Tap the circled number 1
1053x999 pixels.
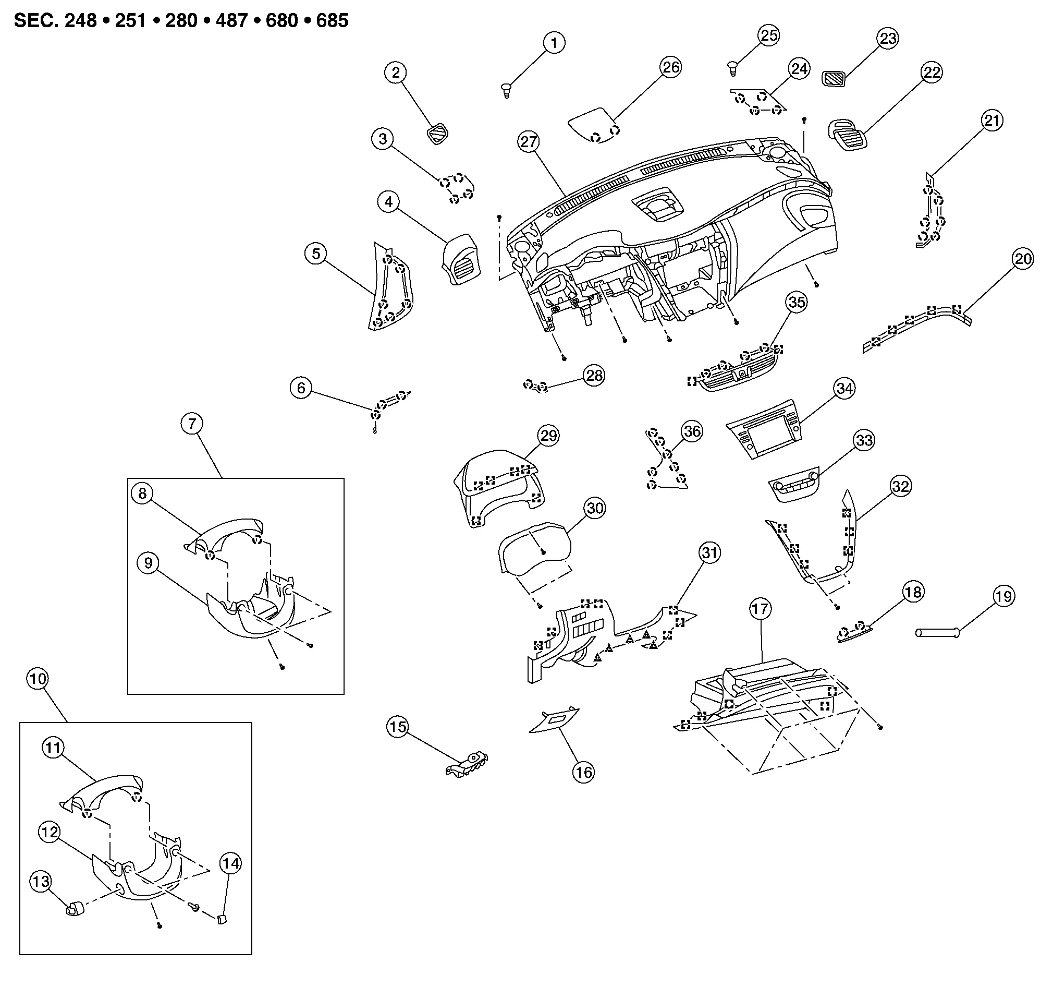(554, 43)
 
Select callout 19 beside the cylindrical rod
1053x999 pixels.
(1003, 596)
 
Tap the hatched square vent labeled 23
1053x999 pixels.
(833, 79)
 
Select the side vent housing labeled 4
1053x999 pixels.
(461, 259)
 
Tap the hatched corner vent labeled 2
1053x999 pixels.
(438, 133)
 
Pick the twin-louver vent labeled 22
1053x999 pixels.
(847, 134)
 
